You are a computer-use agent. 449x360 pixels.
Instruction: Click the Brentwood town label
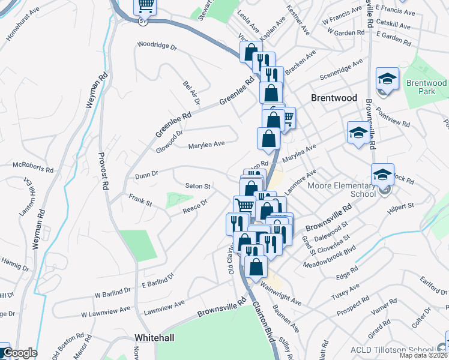pyautogui.click(x=334, y=98)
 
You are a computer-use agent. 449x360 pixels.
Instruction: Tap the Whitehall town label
pyautogui.click(x=154, y=338)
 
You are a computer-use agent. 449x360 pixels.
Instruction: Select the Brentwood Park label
pyautogui.click(x=426, y=88)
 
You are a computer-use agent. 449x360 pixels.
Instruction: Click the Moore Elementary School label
pyautogui.click(x=342, y=190)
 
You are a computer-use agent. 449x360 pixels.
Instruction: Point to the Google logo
pyautogui.click(x=19, y=353)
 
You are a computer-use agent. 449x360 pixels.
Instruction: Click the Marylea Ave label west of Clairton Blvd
pyautogui.click(x=206, y=144)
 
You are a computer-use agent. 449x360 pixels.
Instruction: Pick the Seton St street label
pyautogui.click(x=197, y=187)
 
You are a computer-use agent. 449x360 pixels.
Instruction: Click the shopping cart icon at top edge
pyautogui.click(x=145, y=6)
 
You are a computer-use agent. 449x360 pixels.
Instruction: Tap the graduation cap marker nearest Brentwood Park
pyautogui.click(x=387, y=79)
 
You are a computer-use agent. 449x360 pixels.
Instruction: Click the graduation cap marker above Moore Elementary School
pyautogui.click(x=382, y=175)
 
